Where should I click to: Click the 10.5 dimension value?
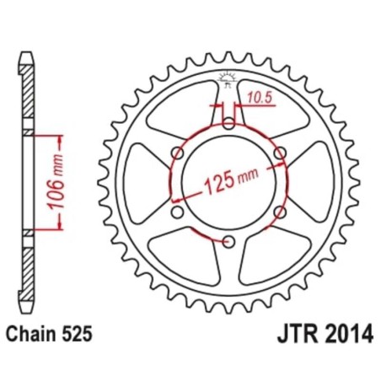[x=258, y=98]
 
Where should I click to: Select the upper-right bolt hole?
[x=281, y=153]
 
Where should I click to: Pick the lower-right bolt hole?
[x=281, y=212]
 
